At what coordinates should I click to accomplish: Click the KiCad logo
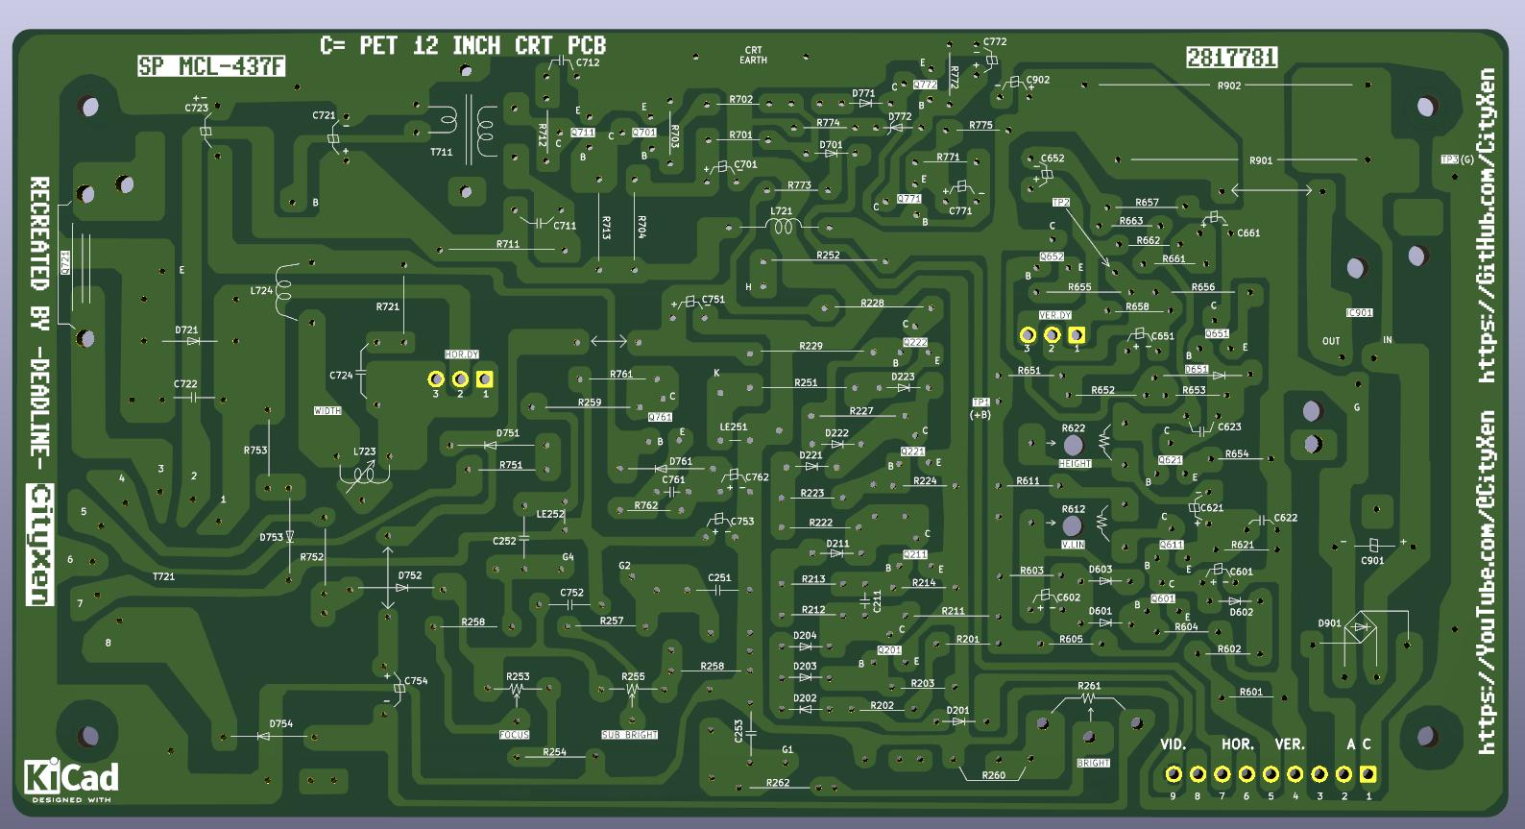click(71, 779)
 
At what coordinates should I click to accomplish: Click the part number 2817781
click(1231, 58)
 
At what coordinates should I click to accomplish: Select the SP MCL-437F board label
click(211, 66)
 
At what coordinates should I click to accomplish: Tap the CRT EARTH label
click(753, 55)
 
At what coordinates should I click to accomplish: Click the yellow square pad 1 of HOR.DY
click(484, 379)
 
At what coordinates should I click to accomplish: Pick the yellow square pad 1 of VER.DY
click(1077, 335)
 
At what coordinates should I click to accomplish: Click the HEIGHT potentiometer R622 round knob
click(1073, 444)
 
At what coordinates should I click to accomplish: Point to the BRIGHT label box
click(1093, 763)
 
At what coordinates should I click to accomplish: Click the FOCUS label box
click(515, 735)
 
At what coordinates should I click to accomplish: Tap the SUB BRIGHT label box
click(629, 735)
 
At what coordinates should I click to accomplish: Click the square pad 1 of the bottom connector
click(1368, 774)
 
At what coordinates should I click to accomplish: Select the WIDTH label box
click(327, 411)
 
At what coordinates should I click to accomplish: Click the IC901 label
click(1359, 313)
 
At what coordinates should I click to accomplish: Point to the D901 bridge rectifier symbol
click(1361, 628)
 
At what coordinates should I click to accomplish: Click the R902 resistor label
click(1229, 85)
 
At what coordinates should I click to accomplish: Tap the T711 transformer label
click(441, 152)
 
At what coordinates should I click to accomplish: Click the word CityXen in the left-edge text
click(40, 545)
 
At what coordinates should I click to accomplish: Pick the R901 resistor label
click(1260, 160)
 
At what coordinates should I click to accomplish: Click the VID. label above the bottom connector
click(1174, 744)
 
